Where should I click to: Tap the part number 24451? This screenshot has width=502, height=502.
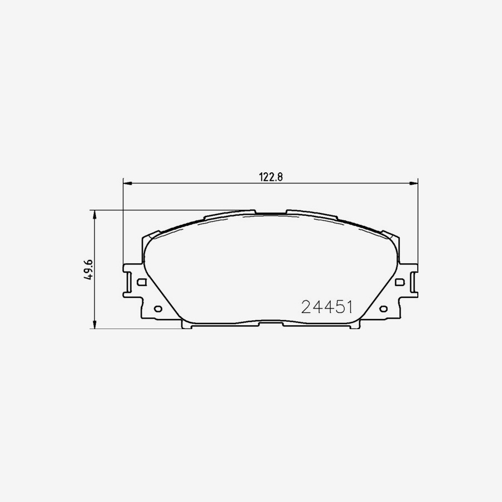click(x=326, y=307)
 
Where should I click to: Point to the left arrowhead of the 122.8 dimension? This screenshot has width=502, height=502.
click(x=126, y=182)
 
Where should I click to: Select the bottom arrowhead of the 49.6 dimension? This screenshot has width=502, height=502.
click(x=95, y=325)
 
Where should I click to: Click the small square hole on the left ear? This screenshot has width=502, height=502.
click(x=141, y=282)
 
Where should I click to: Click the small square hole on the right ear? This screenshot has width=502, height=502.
click(x=399, y=282)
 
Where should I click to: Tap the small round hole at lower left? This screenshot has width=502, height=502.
click(x=157, y=308)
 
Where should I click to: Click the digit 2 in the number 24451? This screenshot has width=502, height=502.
click(x=306, y=307)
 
